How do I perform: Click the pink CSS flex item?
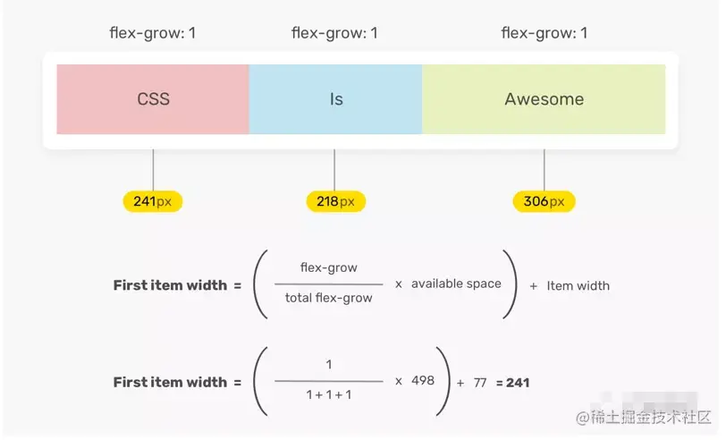click(x=153, y=99)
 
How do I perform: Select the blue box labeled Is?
click(x=335, y=99)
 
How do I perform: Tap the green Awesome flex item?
click(x=544, y=99)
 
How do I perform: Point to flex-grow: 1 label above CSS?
click(x=153, y=34)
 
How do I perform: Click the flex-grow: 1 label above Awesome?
click(x=544, y=34)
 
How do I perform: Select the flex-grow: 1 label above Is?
click(x=334, y=34)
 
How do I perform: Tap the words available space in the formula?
click(x=456, y=283)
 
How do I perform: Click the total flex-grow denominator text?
click(x=328, y=298)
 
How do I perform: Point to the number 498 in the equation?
click(x=422, y=381)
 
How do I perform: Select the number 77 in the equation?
click(x=480, y=382)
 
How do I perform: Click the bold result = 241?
click(x=512, y=382)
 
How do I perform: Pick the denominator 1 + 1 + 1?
click(x=328, y=395)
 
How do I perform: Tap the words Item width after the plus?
click(x=578, y=285)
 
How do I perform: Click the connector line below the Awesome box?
click(x=544, y=170)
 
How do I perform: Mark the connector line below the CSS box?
click(x=153, y=170)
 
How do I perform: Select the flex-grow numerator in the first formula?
click(x=328, y=267)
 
